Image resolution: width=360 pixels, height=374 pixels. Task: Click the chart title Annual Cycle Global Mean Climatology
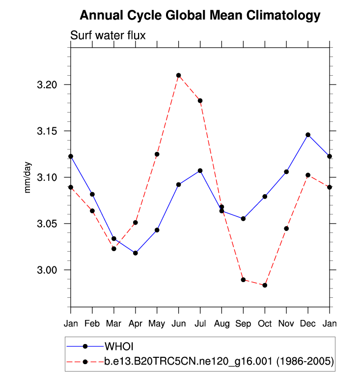[x=200, y=16]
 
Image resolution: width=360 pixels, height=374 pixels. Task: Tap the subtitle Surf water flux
[x=108, y=35]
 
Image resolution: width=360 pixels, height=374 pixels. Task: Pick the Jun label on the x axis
[x=178, y=324]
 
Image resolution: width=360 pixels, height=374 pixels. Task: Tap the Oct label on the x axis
[x=265, y=324]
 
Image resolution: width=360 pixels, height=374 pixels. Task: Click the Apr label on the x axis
[x=135, y=324]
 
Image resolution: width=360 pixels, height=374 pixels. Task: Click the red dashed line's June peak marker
[x=179, y=75]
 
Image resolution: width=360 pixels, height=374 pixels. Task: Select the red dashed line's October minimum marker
[x=265, y=285]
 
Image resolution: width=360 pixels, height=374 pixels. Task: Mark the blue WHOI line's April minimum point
[x=136, y=253]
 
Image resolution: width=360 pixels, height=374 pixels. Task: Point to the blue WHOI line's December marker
[x=308, y=135]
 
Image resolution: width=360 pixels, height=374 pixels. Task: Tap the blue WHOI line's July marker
[x=200, y=171]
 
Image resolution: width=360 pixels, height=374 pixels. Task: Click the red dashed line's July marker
[x=200, y=101]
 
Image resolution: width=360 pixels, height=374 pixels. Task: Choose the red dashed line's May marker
[x=157, y=154]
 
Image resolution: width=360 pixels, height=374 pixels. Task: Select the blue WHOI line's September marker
[x=243, y=219]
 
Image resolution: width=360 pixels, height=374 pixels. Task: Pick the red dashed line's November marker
[x=286, y=229]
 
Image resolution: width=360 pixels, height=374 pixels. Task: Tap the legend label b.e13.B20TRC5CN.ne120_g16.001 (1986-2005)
[x=219, y=362]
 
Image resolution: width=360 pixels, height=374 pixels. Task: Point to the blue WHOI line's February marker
[x=92, y=194]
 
